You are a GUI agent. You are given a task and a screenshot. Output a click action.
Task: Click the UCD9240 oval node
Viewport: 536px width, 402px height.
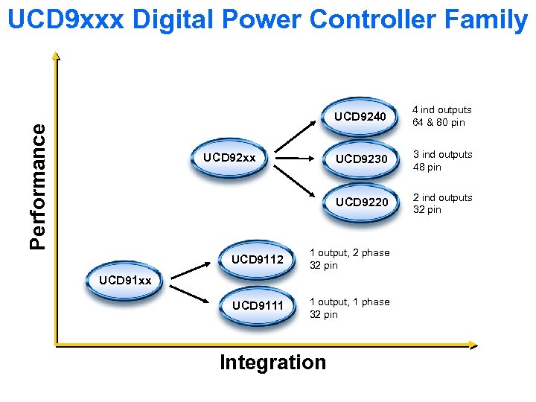(360, 117)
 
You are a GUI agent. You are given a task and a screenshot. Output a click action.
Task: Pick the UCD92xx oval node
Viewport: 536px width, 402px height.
(230, 159)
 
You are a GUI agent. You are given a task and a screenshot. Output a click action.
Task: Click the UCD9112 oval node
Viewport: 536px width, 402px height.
(258, 260)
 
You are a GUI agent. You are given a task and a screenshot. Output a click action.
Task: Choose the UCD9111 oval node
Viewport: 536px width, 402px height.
(258, 305)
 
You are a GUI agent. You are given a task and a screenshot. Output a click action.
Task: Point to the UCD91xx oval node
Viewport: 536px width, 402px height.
(125, 281)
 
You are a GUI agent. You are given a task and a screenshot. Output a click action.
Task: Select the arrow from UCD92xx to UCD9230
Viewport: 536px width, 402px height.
(297, 158)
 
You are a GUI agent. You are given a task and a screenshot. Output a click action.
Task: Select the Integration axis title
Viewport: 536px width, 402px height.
(272, 363)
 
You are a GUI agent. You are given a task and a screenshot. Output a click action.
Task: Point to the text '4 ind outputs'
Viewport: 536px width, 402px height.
(442, 110)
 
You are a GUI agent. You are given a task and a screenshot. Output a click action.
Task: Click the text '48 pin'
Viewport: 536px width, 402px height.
(427, 167)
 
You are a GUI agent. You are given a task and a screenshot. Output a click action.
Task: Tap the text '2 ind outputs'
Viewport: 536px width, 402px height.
(442, 197)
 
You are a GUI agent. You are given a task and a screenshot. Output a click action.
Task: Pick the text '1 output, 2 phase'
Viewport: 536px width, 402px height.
(349, 253)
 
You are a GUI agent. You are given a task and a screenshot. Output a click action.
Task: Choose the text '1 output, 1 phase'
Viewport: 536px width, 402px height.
(349, 301)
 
